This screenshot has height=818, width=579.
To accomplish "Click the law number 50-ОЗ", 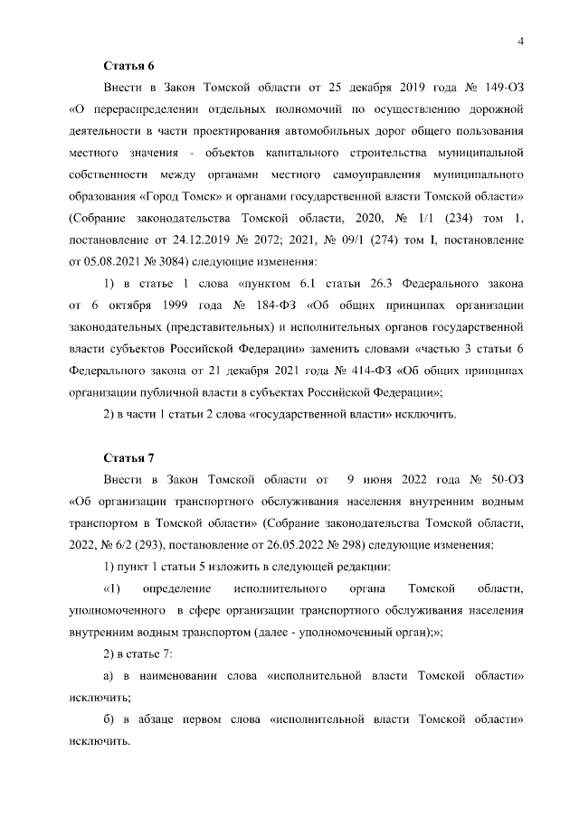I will click(505, 479).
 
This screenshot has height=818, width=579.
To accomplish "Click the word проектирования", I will click(222, 132).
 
